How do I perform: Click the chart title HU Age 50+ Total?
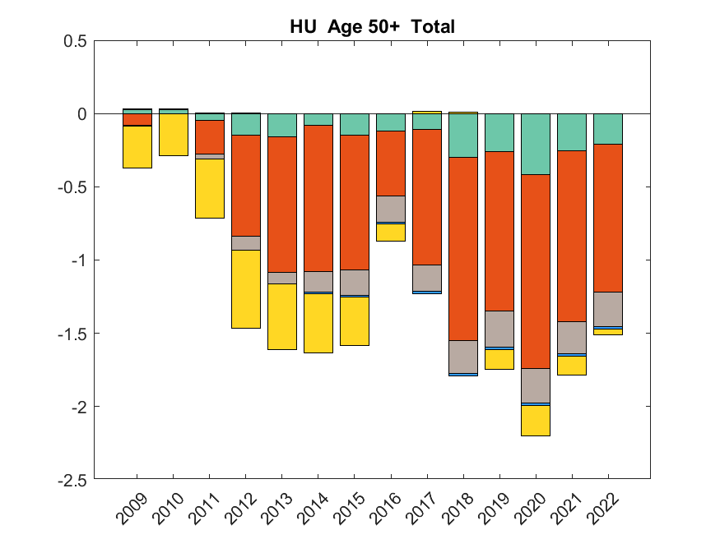pos(372,27)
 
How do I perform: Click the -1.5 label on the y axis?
pos(72,334)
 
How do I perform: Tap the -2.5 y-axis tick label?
pos(72,480)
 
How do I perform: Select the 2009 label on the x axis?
pos(132,509)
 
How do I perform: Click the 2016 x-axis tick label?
pos(386,509)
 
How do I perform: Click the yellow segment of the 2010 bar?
pos(173,134)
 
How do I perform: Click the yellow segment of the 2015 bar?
pos(354,320)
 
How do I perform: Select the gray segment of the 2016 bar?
pos(390,208)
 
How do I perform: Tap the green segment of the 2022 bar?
pos(608,129)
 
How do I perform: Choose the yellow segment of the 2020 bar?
pos(536,420)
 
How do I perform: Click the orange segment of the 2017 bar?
pos(427,197)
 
